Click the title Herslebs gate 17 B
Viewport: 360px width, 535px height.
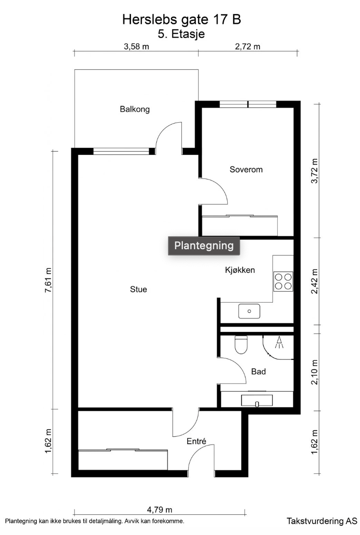(181, 20)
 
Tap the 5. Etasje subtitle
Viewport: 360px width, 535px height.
(181, 34)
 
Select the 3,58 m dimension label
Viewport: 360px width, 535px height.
(136, 47)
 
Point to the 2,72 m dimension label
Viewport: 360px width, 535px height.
(247, 47)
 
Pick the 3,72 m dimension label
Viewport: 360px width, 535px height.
(315, 170)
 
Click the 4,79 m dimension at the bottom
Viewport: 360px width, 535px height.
(160, 510)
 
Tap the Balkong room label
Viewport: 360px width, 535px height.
(135, 109)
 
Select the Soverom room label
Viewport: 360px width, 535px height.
(246, 169)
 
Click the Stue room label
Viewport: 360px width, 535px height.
(138, 289)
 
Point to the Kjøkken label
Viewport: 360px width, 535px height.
(240, 270)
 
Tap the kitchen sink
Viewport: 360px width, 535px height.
(249, 311)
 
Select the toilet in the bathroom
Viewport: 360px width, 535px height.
(240, 344)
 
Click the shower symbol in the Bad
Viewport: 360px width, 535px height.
(279, 343)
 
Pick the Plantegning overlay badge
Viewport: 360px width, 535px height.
(204, 245)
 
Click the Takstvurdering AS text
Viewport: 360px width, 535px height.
(321, 521)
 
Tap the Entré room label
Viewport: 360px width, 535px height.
(196, 441)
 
